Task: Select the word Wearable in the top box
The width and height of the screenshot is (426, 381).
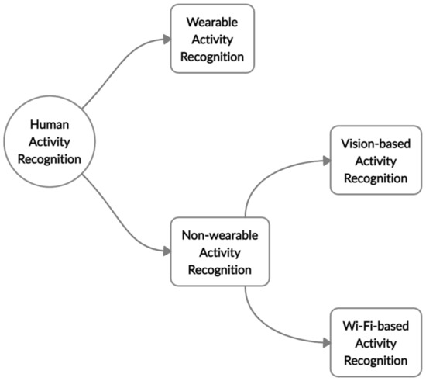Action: pyautogui.click(x=211, y=23)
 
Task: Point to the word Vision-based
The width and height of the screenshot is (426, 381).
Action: pyautogui.click(x=369, y=144)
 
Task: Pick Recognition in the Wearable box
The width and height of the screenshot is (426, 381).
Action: pyautogui.click(x=211, y=57)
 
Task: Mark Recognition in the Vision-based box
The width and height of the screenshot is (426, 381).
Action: pyautogui.click(x=369, y=178)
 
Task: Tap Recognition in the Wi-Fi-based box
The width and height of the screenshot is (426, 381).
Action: pyautogui.click(x=369, y=360)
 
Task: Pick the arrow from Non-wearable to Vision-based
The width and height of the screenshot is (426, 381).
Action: pyautogui.click(x=263, y=175)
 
